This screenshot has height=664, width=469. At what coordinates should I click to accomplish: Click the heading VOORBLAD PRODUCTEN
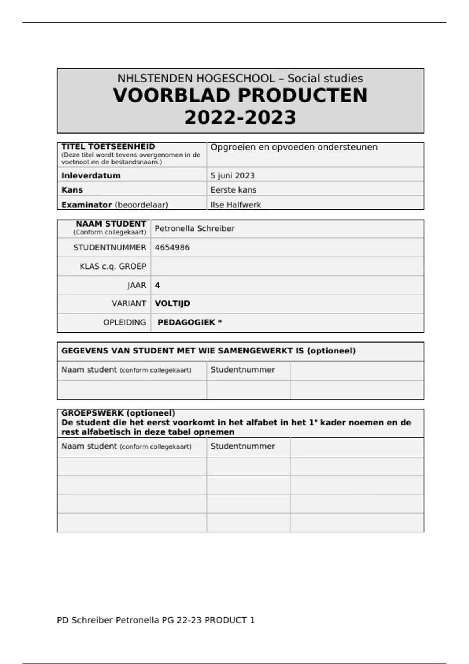[x=240, y=96]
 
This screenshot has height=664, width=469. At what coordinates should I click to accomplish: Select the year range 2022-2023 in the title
[x=240, y=118]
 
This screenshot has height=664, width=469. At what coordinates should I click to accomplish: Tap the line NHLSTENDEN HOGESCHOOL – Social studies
[x=240, y=79]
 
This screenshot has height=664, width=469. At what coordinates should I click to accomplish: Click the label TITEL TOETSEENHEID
[x=108, y=146]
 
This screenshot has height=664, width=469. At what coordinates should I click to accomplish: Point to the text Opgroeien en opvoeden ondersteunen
[x=294, y=147]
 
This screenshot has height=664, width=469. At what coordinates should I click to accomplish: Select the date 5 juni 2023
[x=233, y=176]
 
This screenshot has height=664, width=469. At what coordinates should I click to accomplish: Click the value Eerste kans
[x=233, y=190]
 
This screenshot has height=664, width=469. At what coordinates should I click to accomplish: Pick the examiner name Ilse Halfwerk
[x=236, y=205]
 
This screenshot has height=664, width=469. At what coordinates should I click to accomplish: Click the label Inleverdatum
[x=91, y=176]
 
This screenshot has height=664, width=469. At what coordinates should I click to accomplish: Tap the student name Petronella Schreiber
[x=195, y=228]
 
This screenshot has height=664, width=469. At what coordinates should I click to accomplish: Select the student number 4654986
[x=172, y=248]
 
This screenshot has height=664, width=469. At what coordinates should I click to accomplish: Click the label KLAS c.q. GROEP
[x=113, y=266]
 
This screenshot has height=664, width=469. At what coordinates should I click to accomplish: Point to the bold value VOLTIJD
[x=172, y=303]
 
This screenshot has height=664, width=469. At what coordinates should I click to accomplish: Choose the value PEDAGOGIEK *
[x=190, y=323]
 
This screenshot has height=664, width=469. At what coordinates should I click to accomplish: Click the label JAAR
[x=137, y=286]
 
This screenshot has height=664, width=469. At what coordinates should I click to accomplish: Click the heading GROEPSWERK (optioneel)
[x=118, y=413]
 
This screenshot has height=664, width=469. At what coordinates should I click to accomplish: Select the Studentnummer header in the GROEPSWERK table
[x=243, y=446]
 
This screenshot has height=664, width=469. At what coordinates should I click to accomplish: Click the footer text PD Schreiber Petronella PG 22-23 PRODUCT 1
[x=156, y=620]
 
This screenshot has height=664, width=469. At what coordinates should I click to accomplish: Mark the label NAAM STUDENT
[x=111, y=224]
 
